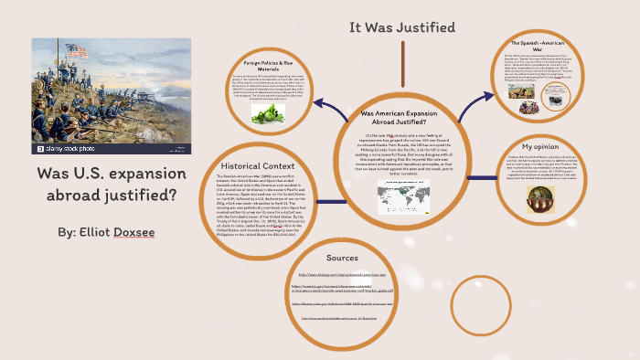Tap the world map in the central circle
pos(402,192)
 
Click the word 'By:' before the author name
pos(67,233)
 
